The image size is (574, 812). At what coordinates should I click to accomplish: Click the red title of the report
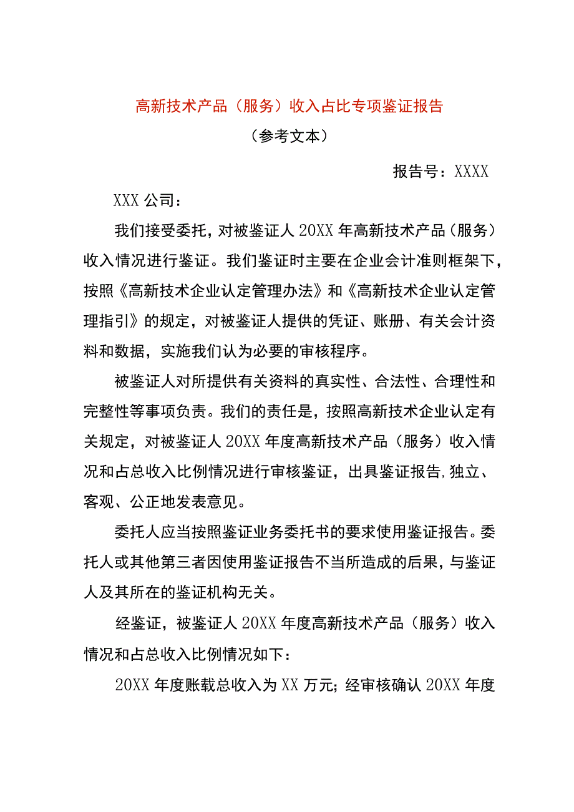click(x=289, y=106)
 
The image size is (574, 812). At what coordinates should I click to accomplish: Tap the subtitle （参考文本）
click(x=288, y=137)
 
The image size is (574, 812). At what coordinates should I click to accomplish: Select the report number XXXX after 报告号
click(x=472, y=172)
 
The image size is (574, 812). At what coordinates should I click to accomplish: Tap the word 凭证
click(x=333, y=321)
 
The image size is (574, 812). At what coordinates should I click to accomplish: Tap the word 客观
click(x=99, y=502)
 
